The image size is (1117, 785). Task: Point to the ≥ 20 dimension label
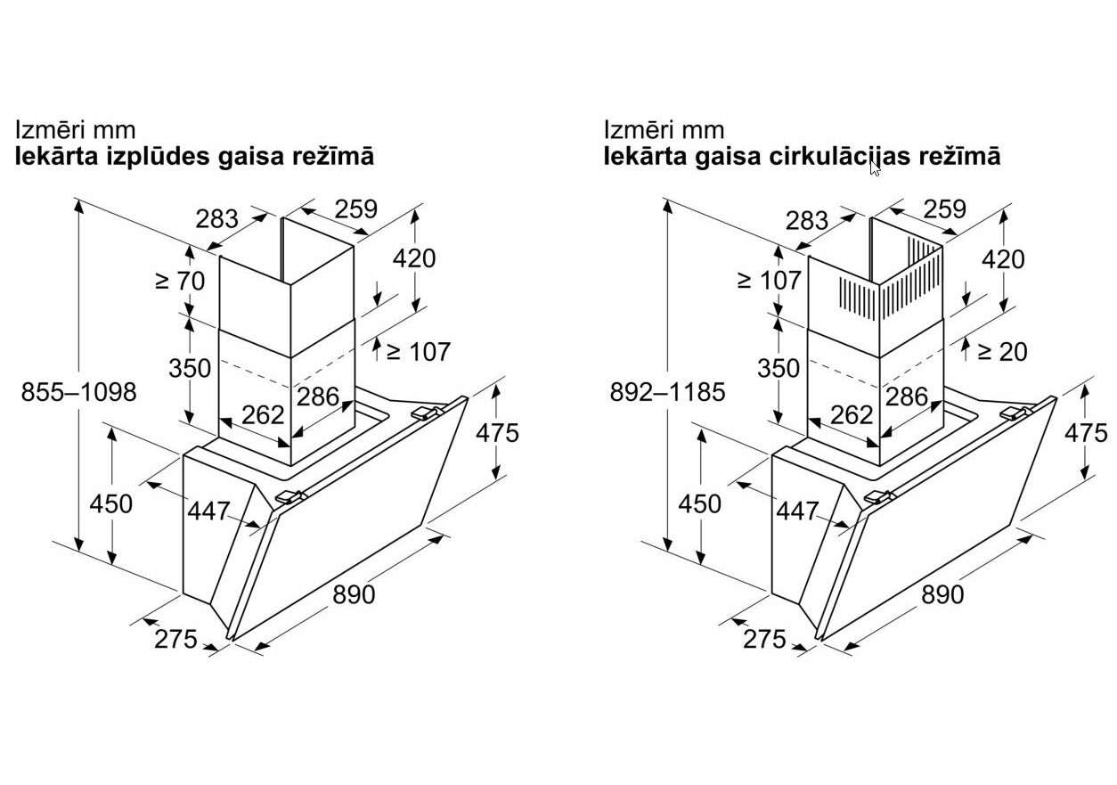point(1001,351)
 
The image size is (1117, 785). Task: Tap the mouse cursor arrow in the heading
point(875,168)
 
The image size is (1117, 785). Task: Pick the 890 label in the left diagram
point(354,593)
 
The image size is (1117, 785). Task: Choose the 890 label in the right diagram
point(942,593)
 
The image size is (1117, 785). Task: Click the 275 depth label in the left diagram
point(175,639)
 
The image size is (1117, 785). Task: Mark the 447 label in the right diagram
point(796,511)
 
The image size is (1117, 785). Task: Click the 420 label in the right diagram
point(1003,259)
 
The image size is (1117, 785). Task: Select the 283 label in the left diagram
point(217,218)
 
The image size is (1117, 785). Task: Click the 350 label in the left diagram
point(190,368)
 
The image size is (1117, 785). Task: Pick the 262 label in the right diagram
point(852,414)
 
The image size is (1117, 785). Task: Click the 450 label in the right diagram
point(699,503)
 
